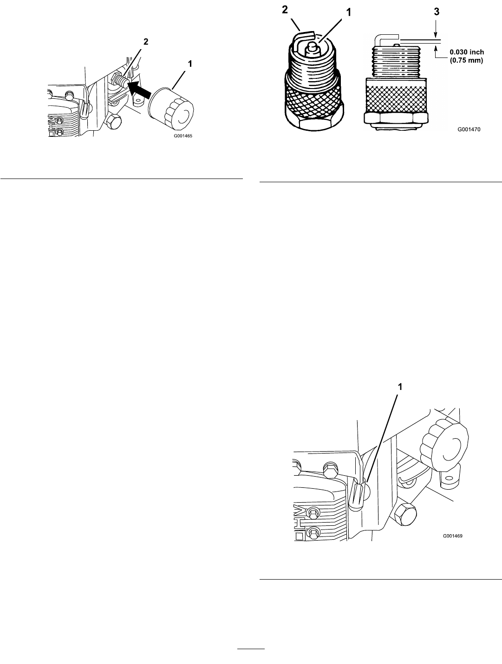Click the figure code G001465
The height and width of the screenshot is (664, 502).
tap(183, 136)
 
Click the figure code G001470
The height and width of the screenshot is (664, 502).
tap(469, 129)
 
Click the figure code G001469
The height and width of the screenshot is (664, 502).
tap(453, 536)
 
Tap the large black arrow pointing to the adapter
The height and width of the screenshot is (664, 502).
tap(139, 90)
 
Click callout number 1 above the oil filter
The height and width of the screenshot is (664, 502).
tap(190, 64)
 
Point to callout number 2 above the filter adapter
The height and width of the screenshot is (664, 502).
tap(146, 42)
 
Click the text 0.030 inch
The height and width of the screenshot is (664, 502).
tap(467, 52)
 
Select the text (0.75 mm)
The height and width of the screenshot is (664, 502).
tap(467, 60)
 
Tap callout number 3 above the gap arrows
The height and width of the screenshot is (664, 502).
tap(437, 12)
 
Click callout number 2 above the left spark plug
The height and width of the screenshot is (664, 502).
tap(285, 10)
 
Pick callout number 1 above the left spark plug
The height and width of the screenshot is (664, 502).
tap(349, 13)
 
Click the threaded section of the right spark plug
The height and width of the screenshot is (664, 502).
tap(397, 62)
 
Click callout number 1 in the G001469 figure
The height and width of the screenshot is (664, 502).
tap(400, 387)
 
